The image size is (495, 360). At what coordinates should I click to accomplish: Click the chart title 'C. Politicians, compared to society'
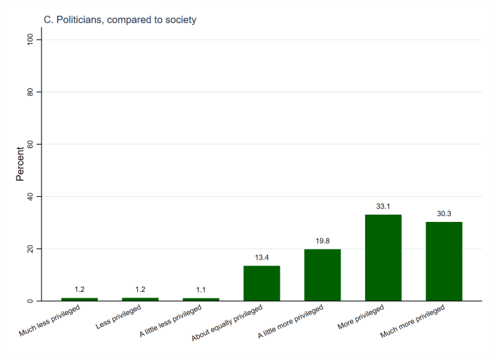point(119,20)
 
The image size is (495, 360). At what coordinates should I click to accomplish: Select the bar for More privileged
point(383,258)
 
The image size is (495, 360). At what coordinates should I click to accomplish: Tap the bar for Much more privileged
point(444,262)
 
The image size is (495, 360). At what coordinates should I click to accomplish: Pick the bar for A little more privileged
point(322,275)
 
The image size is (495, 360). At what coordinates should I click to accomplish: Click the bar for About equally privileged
point(261,283)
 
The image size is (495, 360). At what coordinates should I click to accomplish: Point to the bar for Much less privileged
point(79,300)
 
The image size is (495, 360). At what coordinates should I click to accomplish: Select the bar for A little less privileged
point(201,300)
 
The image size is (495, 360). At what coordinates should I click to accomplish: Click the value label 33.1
point(383,206)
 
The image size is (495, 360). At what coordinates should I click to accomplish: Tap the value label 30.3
point(444,213)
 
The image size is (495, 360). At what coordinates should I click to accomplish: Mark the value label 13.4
point(261,258)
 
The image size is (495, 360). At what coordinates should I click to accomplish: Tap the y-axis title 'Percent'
point(20,164)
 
